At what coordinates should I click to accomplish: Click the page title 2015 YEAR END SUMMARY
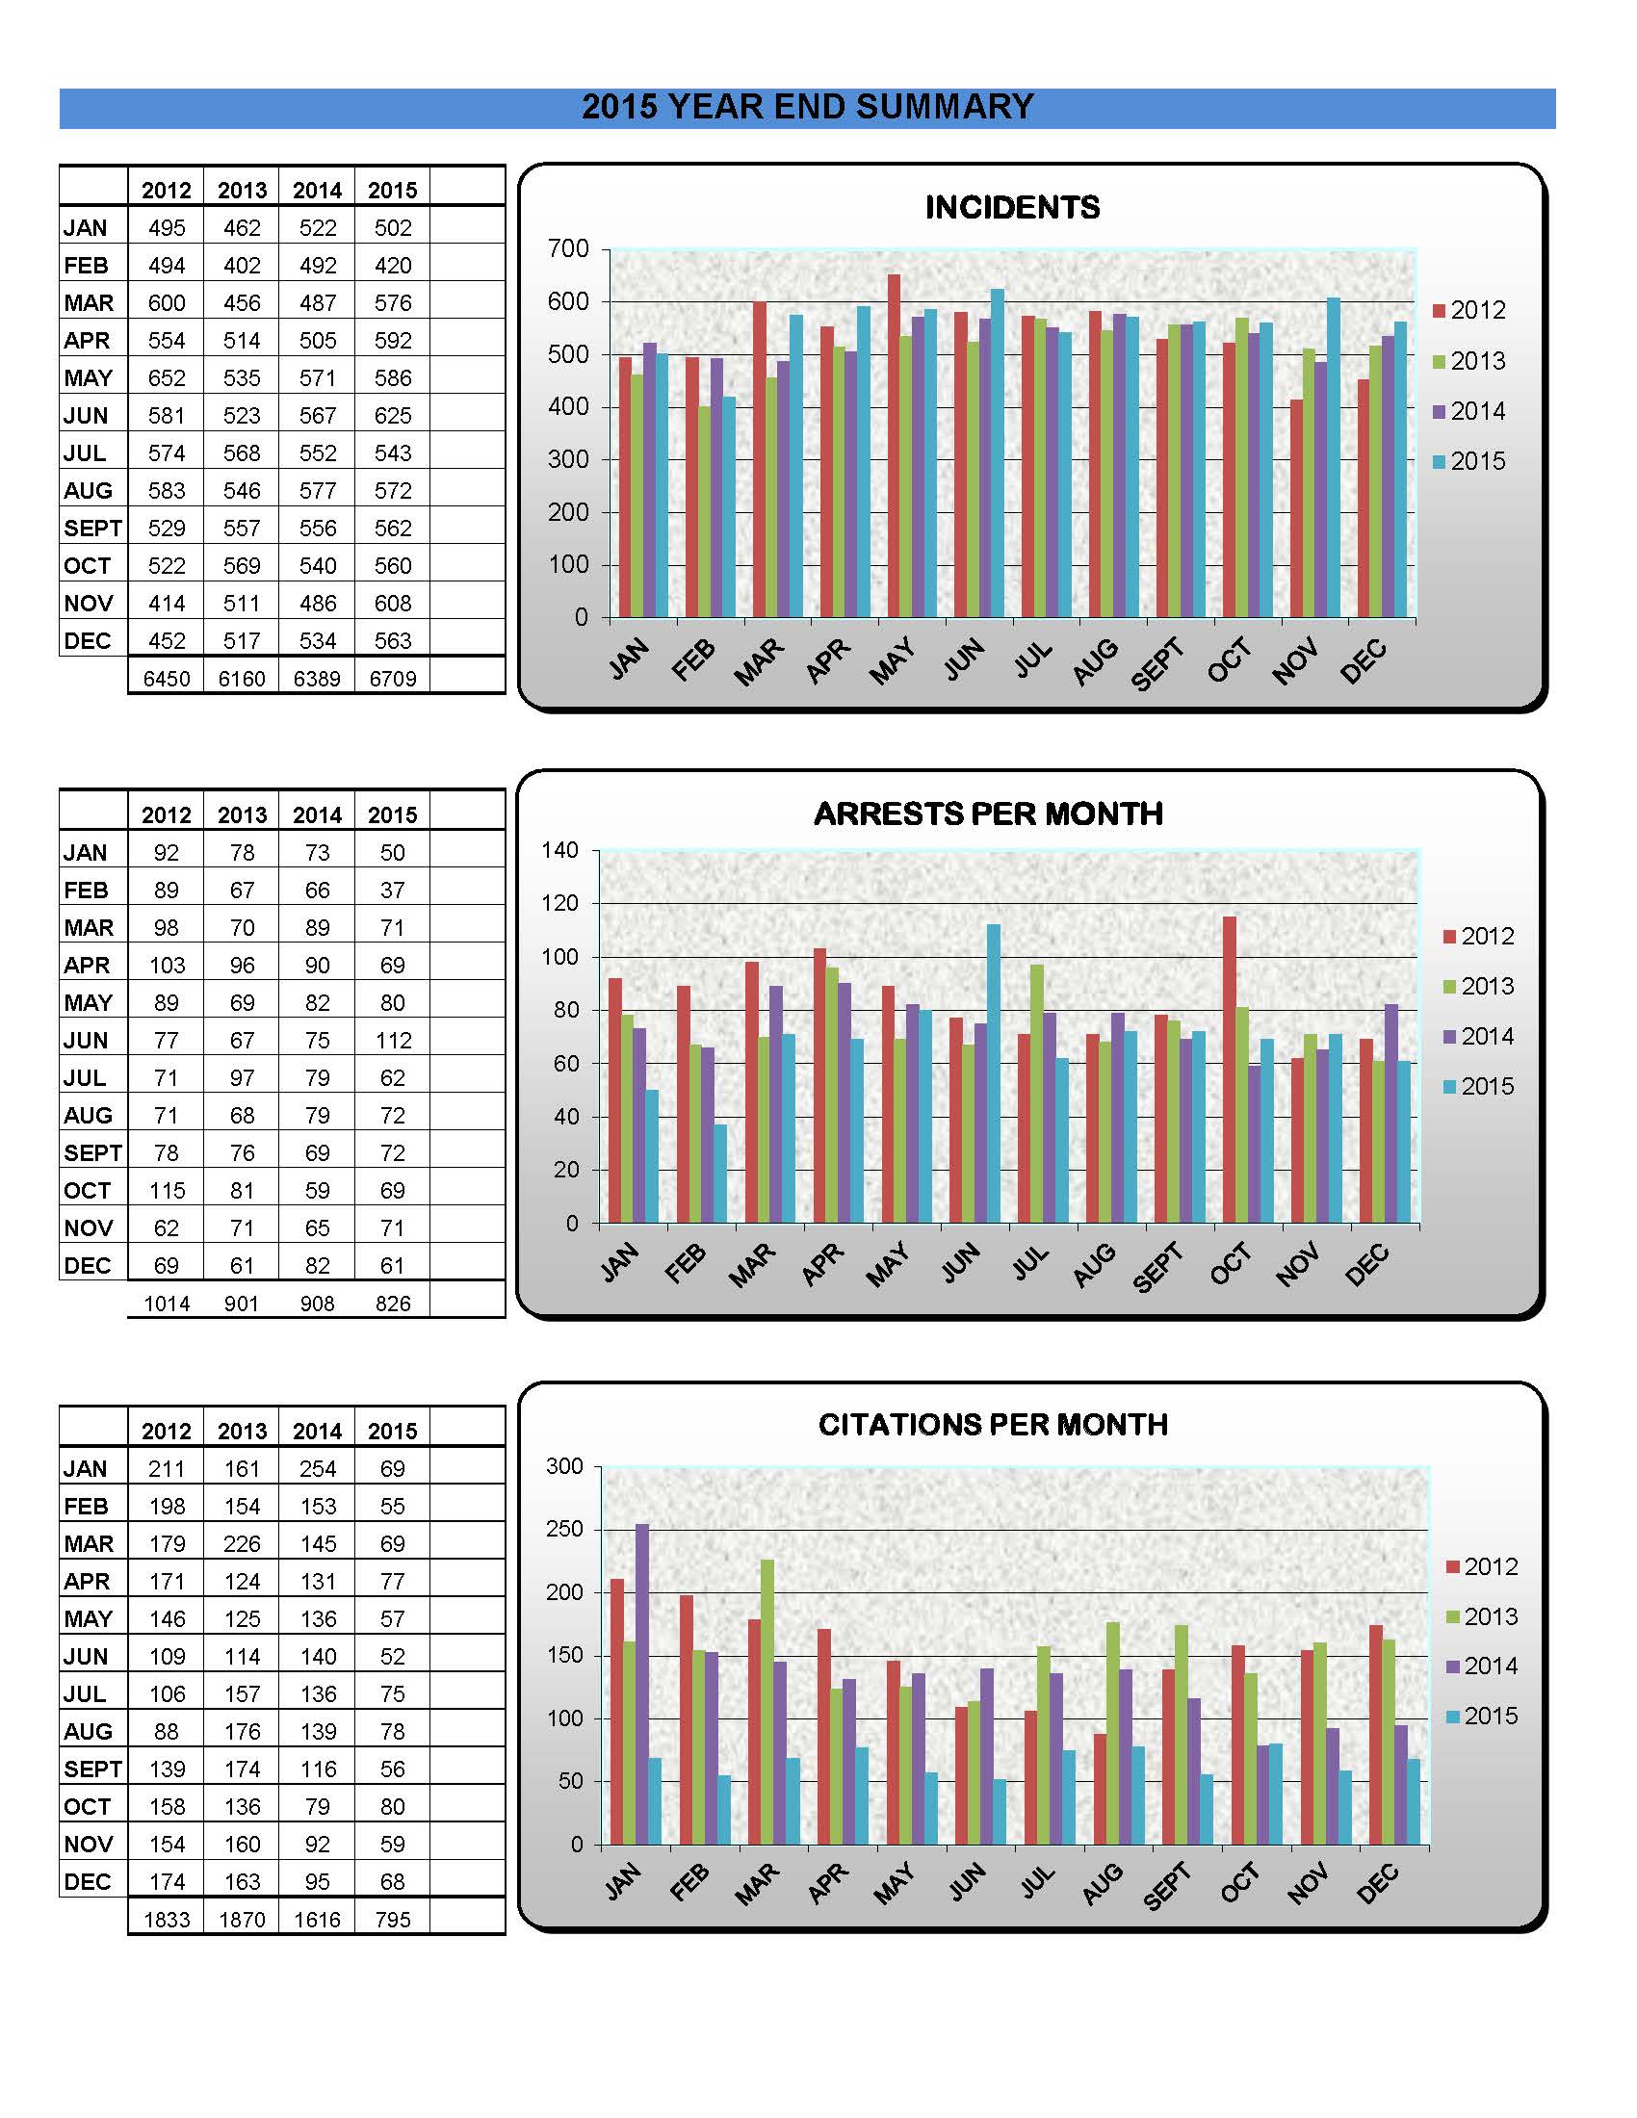[808, 107]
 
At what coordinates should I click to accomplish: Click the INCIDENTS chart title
[1011, 208]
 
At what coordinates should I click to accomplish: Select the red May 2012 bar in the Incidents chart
[895, 446]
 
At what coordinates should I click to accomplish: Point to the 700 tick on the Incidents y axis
[568, 249]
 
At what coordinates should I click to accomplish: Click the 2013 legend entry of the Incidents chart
[1468, 361]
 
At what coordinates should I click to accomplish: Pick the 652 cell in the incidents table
[167, 378]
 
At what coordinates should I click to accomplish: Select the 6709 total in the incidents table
[393, 679]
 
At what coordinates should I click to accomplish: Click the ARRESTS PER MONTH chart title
[988, 814]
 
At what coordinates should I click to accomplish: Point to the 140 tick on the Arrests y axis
[559, 850]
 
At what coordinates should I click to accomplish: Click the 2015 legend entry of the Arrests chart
[1479, 1086]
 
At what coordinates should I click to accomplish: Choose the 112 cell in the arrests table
[393, 1041]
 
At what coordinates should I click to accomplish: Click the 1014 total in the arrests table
[167, 1304]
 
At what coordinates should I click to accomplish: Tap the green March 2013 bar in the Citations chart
[767, 1702]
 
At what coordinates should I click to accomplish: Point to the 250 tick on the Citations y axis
[564, 1530]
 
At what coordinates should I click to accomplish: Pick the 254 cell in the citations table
[317, 1469]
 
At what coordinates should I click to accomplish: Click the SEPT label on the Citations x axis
[1166, 1886]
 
